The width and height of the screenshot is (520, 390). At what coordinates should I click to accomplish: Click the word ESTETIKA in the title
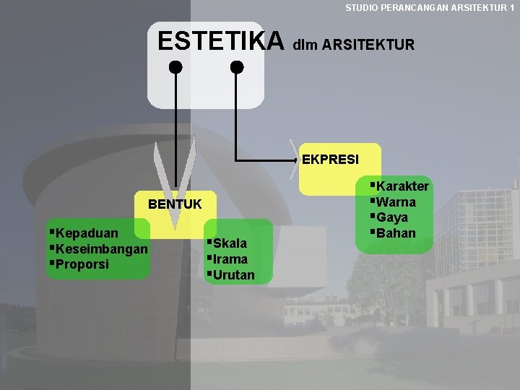(221, 40)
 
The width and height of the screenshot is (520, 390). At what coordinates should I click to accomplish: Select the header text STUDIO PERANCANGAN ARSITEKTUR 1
(430, 7)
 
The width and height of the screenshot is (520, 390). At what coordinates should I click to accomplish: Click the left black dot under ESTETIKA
(175, 68)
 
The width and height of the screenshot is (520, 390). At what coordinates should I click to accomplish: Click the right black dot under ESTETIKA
(237, 68)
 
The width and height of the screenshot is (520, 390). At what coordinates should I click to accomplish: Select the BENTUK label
(175, 204)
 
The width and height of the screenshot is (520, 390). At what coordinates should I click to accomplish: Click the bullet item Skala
(230, 243)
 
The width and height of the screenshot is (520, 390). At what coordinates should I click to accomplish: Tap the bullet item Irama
(230, 259)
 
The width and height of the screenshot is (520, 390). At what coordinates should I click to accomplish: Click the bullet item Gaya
(392, 217)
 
